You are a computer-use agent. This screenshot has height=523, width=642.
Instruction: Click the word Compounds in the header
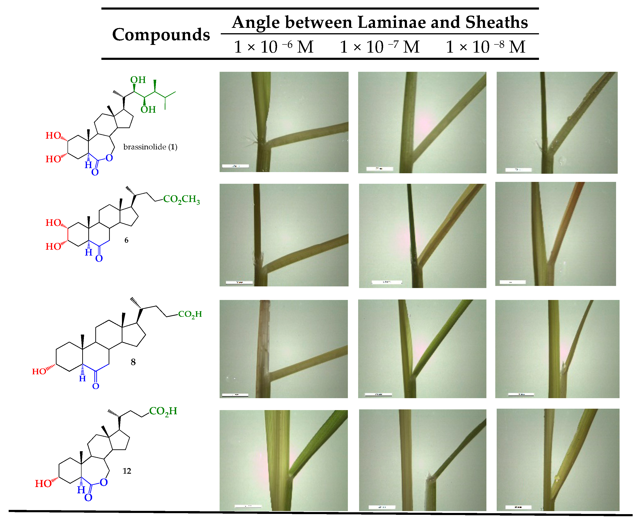(x=161, y=35)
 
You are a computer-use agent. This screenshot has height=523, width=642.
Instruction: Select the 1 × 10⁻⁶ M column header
(x=273, y=47)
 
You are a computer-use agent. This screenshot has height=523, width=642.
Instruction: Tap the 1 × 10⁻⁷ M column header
(x=379, y=47)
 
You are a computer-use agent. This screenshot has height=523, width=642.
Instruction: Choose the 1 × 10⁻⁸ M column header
(x=485, y=47)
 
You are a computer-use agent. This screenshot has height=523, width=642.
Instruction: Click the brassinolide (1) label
(x=150, y=147)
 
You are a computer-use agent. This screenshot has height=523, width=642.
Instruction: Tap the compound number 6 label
(x=126, y=240)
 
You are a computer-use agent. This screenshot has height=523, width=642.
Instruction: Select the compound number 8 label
(x=133, y=362)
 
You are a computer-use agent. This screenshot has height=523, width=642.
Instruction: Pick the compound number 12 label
(x=127, y=471)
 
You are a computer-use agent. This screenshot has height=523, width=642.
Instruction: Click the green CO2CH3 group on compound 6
(x=181, y=199)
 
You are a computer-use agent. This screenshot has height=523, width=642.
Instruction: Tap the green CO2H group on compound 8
(x=190, y=314)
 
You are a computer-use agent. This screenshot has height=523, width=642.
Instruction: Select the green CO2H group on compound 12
(x=163, y=411)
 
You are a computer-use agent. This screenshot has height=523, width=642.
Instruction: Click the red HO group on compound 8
(x=39, y=372)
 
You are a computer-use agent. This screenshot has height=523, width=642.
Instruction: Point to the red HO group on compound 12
(x=43, y=483)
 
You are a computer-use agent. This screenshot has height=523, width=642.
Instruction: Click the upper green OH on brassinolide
(x=138, y=80)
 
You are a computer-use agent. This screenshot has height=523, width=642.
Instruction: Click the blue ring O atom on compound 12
(x=104, y=482)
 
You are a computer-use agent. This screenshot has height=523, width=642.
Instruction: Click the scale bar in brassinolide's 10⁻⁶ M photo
(x=235, y=166)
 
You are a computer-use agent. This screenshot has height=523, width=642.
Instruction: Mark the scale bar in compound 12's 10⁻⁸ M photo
(x=518, y=507)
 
